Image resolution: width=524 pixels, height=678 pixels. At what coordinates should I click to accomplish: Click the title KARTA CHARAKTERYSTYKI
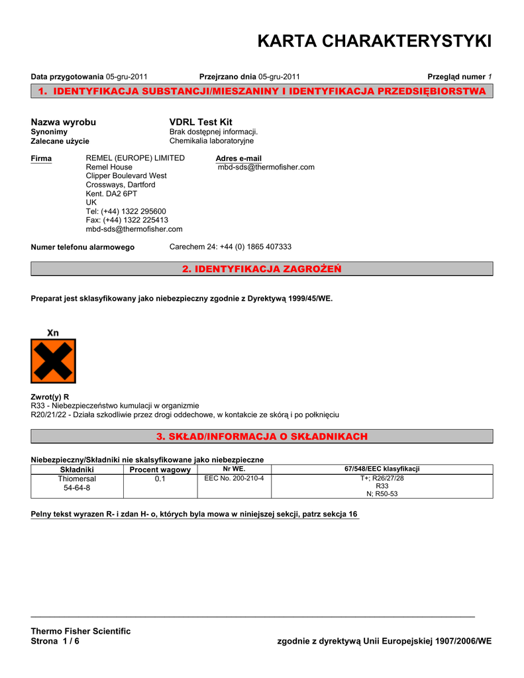(x=374, y=41)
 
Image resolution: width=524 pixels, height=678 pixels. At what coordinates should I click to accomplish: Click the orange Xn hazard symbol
(x=53, y=361)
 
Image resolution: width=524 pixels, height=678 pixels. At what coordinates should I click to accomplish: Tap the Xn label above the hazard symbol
(x=53, y=332)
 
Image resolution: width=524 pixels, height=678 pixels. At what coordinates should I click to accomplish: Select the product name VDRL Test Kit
(x=201, y=122)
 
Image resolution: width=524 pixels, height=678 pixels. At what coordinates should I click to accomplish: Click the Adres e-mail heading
(x=238, y=158)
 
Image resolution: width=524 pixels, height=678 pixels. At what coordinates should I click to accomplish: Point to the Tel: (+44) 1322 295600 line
(x=126, y=211)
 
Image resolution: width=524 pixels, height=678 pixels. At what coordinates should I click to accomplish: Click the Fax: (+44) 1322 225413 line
(x=127, y=220)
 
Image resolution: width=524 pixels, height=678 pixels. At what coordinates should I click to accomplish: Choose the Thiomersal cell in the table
(x=77, y=478)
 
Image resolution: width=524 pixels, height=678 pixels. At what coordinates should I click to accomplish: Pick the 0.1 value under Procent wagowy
(x=160, y=478)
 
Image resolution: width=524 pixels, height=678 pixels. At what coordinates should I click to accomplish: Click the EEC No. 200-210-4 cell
(x=234, y=477)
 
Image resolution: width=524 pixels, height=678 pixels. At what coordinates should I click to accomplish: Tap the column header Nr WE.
(x=234, y=469)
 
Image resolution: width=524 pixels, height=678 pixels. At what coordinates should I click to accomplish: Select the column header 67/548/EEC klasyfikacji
(x=382, y=469)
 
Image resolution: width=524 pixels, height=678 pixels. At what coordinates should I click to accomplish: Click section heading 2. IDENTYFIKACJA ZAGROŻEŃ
(x=262, y=268)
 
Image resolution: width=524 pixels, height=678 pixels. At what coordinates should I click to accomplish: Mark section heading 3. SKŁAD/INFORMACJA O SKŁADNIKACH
(x=262, y=436)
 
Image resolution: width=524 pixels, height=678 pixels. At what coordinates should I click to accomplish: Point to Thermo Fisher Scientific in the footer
(x=81, y=631)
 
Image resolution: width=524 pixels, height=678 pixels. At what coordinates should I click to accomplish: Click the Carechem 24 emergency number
(x=231, y=246)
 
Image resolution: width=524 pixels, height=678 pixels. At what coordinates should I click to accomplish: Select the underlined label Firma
(x=41, y=158)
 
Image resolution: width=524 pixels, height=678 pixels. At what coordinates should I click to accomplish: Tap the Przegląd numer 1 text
(x=459, y=77)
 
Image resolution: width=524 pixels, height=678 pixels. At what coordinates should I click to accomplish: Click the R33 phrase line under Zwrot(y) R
(x=115, y=405)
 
